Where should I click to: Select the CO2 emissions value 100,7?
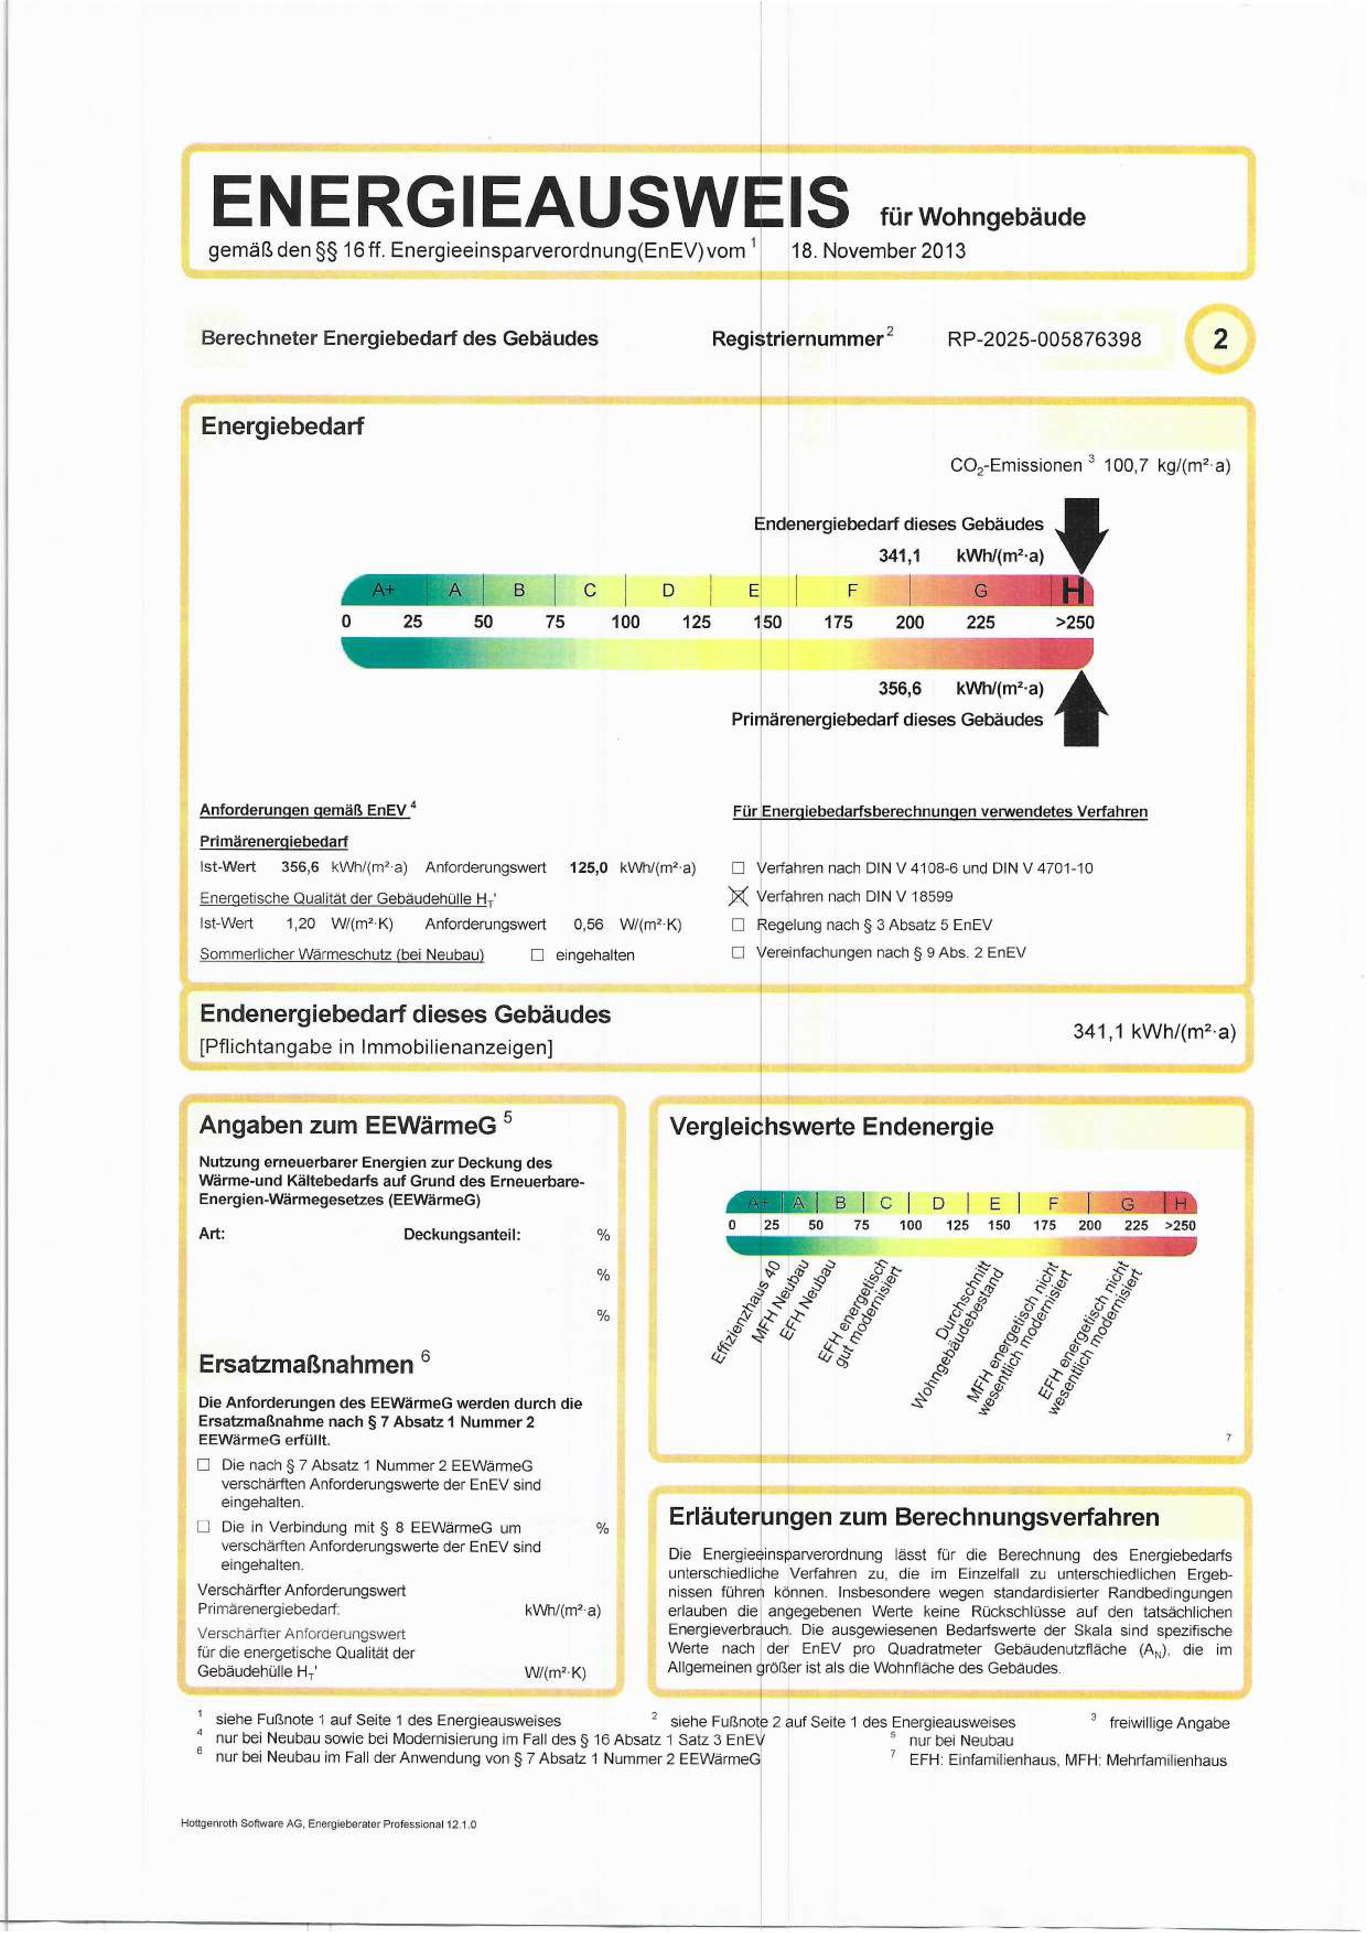click(1125, 466)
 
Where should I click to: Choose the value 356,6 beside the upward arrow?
click(900, 689)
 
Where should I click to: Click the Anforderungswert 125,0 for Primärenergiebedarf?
click(588, 868)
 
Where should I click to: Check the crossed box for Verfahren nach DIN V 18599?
click(738, 897)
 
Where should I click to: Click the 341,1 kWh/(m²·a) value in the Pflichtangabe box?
click(1153, 1032)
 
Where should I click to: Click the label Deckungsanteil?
click(461, 1235)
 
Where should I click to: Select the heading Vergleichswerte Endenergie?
click(831, 1126)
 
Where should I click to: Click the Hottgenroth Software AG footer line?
click(329, 1823)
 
